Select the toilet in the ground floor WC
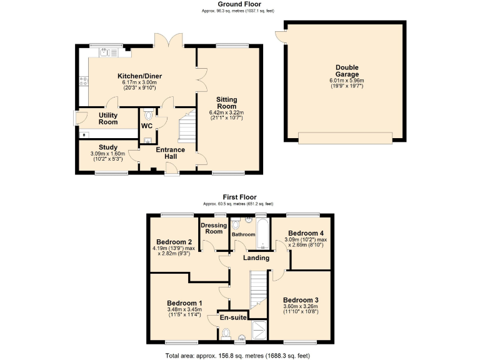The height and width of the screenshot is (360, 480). tap(148, 115)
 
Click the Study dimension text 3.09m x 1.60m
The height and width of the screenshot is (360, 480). tap(108, 154)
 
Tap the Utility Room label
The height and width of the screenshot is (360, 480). tap(108, 118)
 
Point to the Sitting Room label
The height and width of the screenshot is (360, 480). tap(226, 102)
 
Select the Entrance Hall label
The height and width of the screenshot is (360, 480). tap(170, 153)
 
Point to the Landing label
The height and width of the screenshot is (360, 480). tap(256, 257)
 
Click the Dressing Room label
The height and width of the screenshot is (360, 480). tap(214, 227)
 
